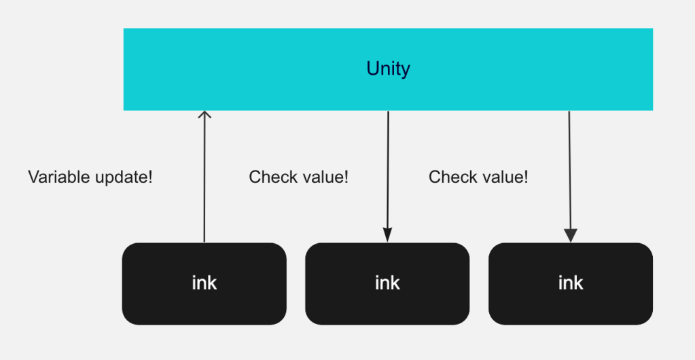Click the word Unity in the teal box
click(388, 69)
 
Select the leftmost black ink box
click(204, 283)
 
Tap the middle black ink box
click(387, 283)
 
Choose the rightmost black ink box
click(571, 283)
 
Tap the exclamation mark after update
click(150, 177)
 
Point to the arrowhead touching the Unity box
click(204, 115)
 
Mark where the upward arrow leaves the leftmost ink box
click(204, 240)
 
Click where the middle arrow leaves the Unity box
click(388, 112)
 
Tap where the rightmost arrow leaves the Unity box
click(569, 112)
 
